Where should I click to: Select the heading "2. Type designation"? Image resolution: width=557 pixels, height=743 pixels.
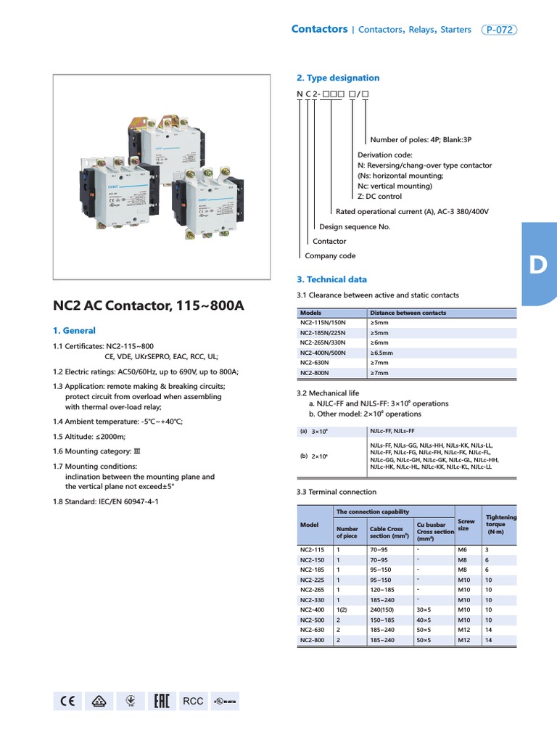[x=338, y=78]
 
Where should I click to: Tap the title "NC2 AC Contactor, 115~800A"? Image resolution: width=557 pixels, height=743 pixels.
[x=149, y=305]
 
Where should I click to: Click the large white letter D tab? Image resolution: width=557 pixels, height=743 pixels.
[x=537, y=265]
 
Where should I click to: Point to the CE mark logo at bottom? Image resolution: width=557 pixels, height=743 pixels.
[x=68, y=701]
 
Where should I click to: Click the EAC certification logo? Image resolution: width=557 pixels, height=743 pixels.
[x=162, y=701]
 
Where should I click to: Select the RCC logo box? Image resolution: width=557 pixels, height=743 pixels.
[x=193, y=701]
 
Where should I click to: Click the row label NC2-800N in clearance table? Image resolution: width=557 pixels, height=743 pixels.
[x=315, y=373]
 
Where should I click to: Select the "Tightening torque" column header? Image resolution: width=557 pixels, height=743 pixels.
[x=501, y=524]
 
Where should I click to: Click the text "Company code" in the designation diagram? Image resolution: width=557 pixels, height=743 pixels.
[x=330, y=255]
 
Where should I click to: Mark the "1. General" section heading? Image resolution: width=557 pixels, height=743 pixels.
[x=74, y=330]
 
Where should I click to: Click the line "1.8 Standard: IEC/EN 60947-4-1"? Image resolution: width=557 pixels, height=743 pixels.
[x=106, y=501]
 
